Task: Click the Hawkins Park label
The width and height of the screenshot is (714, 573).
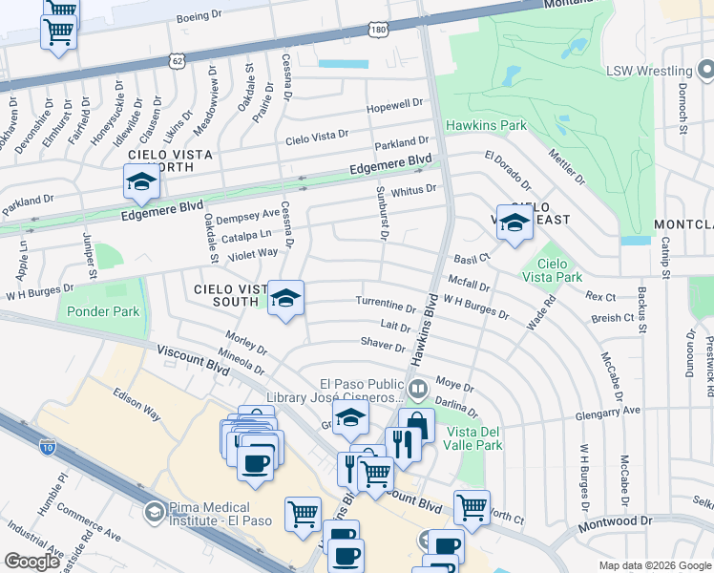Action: (x=486, y=125)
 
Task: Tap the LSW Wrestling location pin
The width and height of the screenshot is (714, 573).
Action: (x=705, y=70)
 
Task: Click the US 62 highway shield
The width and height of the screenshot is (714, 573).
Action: (x=176, y=60)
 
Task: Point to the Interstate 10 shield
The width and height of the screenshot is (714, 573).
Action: (x=47, y=446)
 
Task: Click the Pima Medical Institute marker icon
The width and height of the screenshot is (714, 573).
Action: (x=154, y=513)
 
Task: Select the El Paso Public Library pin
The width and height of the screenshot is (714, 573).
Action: (x=418, y=390)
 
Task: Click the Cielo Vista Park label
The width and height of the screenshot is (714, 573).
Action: (x=553, y=269)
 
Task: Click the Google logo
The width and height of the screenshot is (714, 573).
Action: (x=32, y=561)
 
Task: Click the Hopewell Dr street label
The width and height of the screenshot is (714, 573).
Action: (x=394, y=103)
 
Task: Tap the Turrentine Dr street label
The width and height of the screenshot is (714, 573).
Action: (x=386, y=306)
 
